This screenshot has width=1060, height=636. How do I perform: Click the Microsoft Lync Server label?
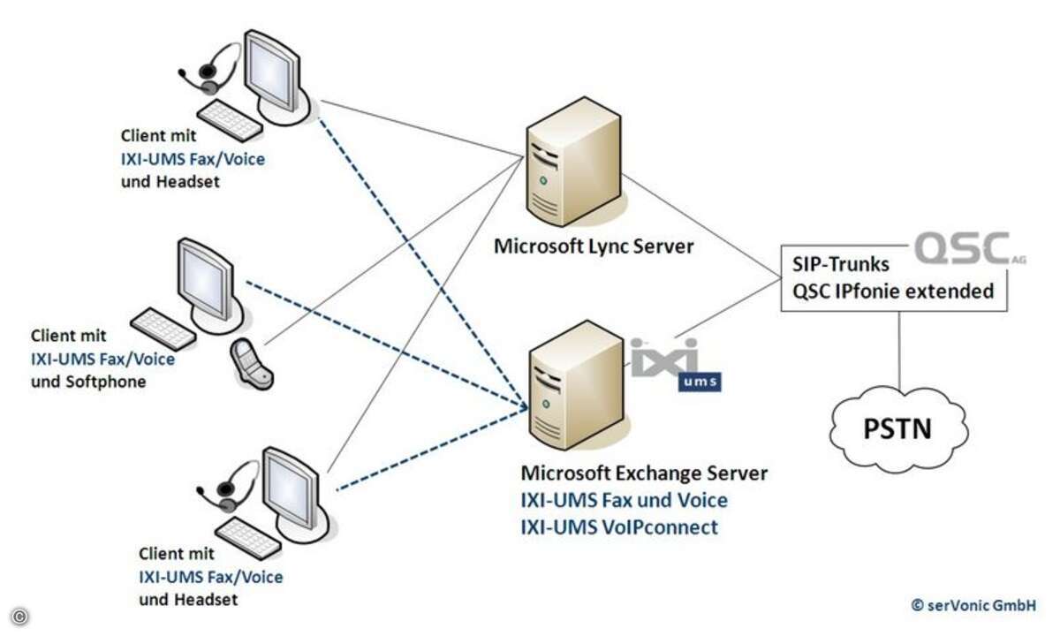point(594,246)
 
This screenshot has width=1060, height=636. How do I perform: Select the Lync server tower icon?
point(573,162)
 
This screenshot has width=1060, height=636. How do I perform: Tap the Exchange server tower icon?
point(576,386)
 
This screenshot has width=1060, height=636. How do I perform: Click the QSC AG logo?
point(969,248)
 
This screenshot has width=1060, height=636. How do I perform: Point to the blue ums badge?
point(700,382)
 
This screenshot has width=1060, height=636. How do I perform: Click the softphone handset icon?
point(251,364)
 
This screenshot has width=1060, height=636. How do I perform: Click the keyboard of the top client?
point(230,120)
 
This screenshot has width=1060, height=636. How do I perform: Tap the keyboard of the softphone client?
point(163,329)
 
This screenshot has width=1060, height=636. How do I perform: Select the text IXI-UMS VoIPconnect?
point(619,527)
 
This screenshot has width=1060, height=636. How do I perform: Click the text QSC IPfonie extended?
point(893,291)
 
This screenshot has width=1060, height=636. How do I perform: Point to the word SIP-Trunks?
point(841,264)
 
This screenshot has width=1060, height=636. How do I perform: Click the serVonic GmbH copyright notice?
point(973,605)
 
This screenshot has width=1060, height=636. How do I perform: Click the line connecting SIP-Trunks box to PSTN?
point(899,350)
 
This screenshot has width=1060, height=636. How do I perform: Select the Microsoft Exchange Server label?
point(644,473)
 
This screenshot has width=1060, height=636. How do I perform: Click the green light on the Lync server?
point(543,181)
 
